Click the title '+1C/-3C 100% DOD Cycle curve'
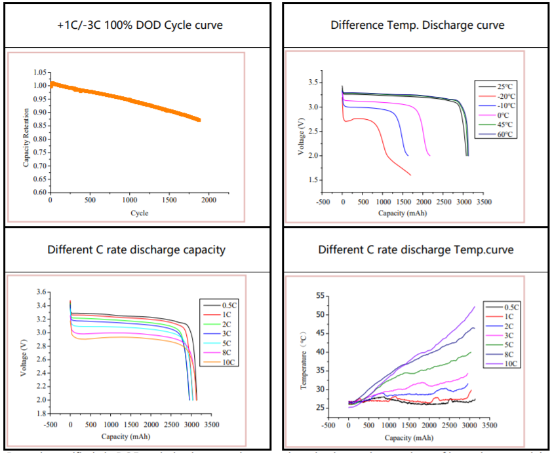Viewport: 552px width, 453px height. tap(139, 26)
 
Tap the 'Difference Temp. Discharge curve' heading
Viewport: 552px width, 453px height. tap(417, 26)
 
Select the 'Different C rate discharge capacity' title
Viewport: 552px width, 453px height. tap(136, 249)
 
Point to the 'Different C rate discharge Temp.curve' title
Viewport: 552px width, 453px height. tap(416, 249)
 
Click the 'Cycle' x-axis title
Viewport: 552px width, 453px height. tap(139, 213)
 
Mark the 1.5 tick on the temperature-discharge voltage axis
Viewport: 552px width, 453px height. tap(313, 180)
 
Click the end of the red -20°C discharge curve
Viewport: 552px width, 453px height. tap(410, 175)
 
